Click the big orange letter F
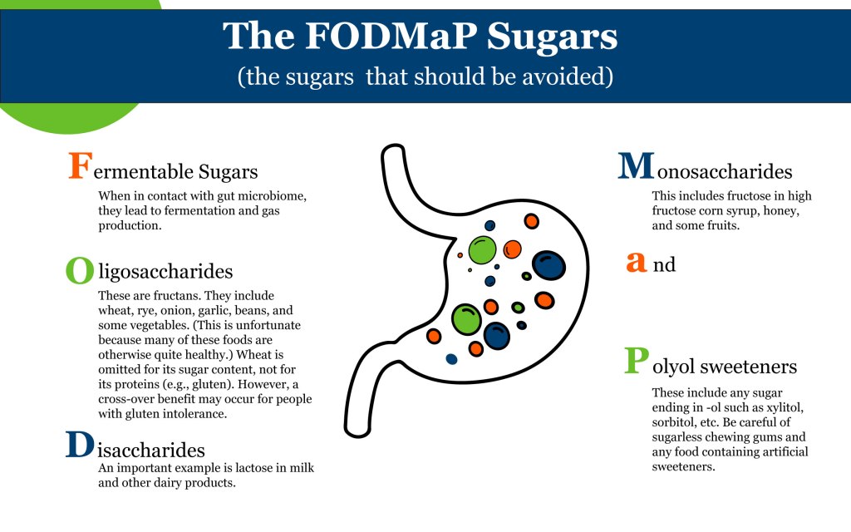(79, 165)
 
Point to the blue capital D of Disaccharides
(79, 445)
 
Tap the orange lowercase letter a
(636, 262)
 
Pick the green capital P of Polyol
(636, 362)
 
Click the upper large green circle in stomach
(482, 249)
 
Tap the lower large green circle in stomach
(466, 318)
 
